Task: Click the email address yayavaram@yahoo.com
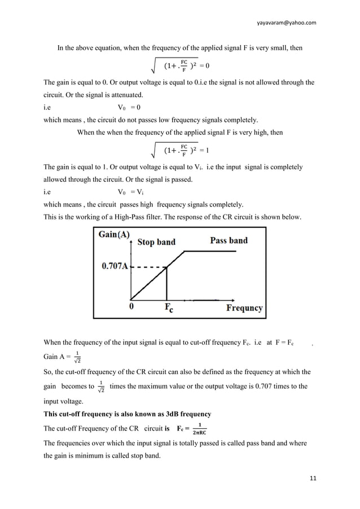coord(286,23)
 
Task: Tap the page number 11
coord(312,479)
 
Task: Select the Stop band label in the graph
coord(156,242)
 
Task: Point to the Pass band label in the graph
coord(229,240)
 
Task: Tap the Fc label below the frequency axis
coord(169,309)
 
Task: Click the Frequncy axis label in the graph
coord(244,308)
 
